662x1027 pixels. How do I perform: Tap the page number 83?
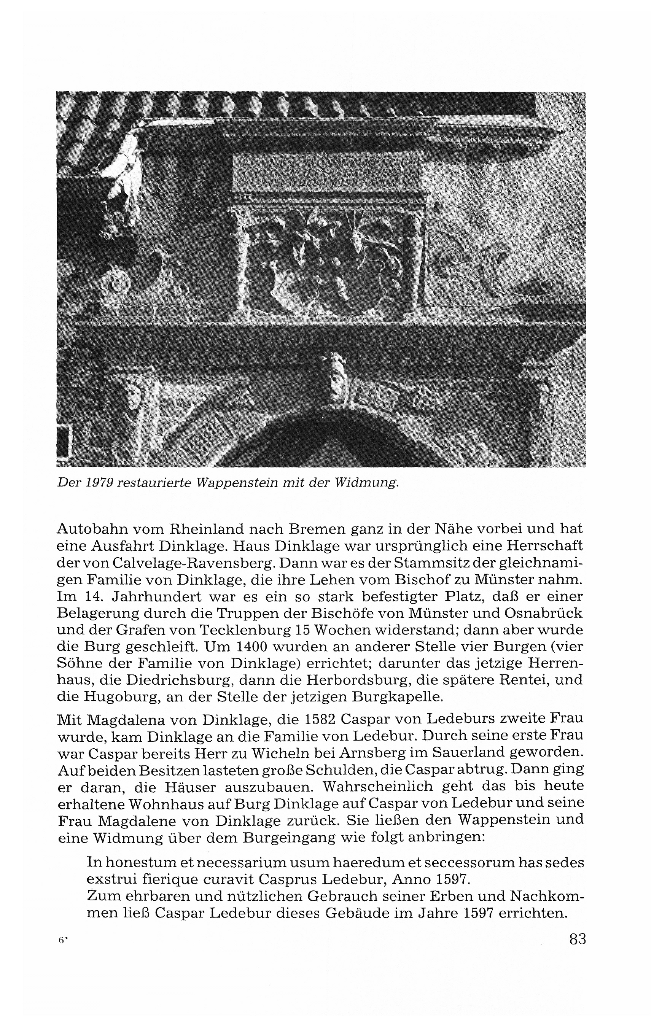click(577, 940)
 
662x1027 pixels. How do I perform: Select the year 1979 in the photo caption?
click(99, 483)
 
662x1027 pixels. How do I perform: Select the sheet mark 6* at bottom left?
click(62, 940)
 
